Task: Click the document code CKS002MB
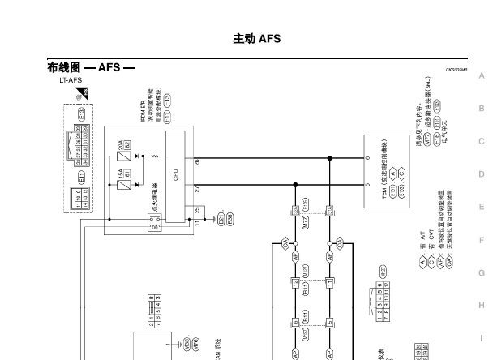(x=457, y=70)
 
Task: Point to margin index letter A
(x=482, y=75)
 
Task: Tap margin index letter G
(x=482, y=273)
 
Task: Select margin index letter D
(x=482, y=174)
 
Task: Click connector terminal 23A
(x=294, y=210)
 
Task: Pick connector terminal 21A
(x=329, y=210)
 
